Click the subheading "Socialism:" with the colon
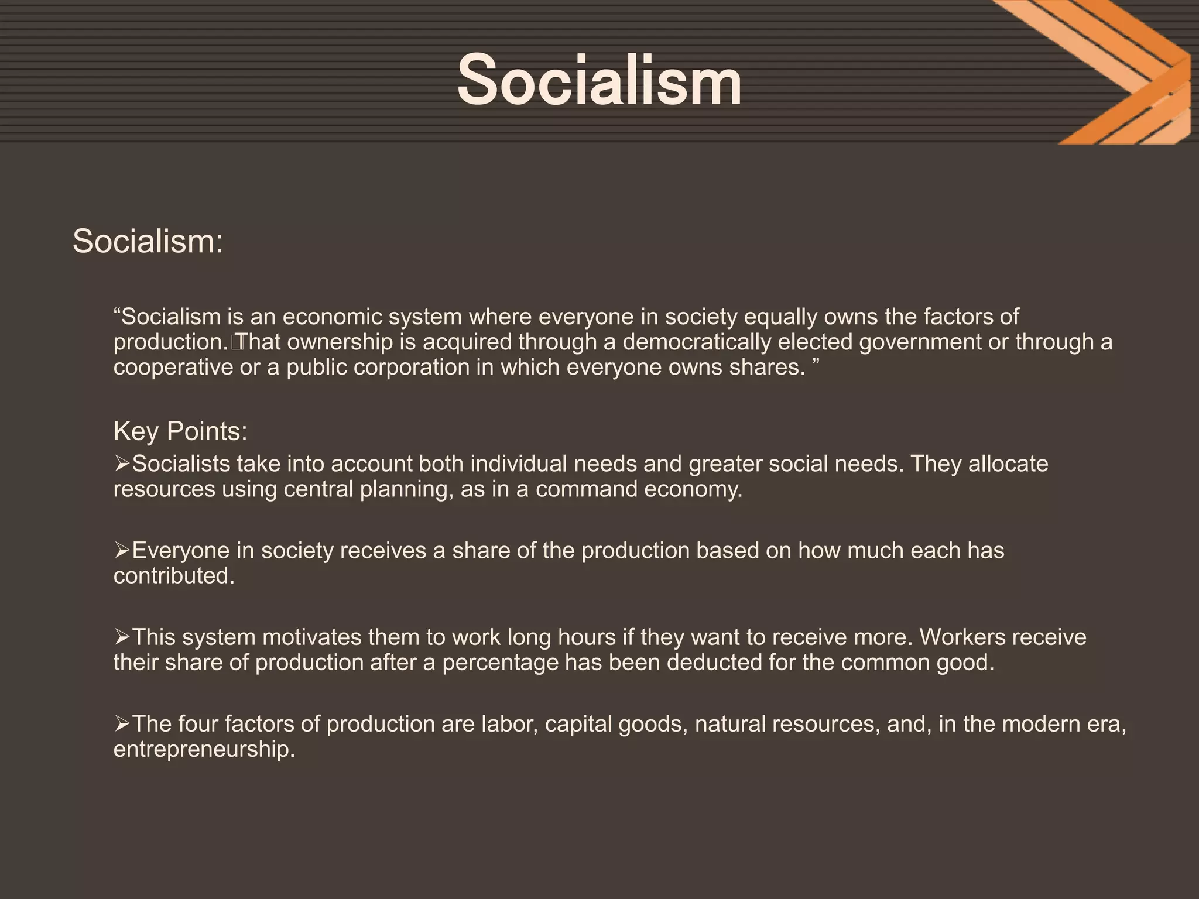click(148, 241)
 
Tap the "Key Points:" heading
click(180, 431)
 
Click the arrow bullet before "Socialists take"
click(122, 464)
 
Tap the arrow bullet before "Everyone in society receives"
click(122, 551)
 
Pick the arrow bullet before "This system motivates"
click(122, 637)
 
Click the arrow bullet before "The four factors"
click(122, 724)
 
